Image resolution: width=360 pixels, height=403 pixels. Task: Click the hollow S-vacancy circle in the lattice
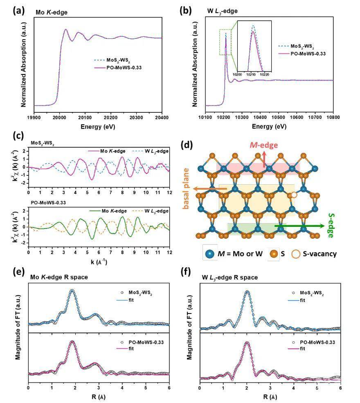click(x=293, y=195)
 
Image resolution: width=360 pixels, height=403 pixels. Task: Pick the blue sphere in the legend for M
click(x=210, y=253)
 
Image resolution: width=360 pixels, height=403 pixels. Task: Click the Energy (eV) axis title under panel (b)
click(x=269, y=127)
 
